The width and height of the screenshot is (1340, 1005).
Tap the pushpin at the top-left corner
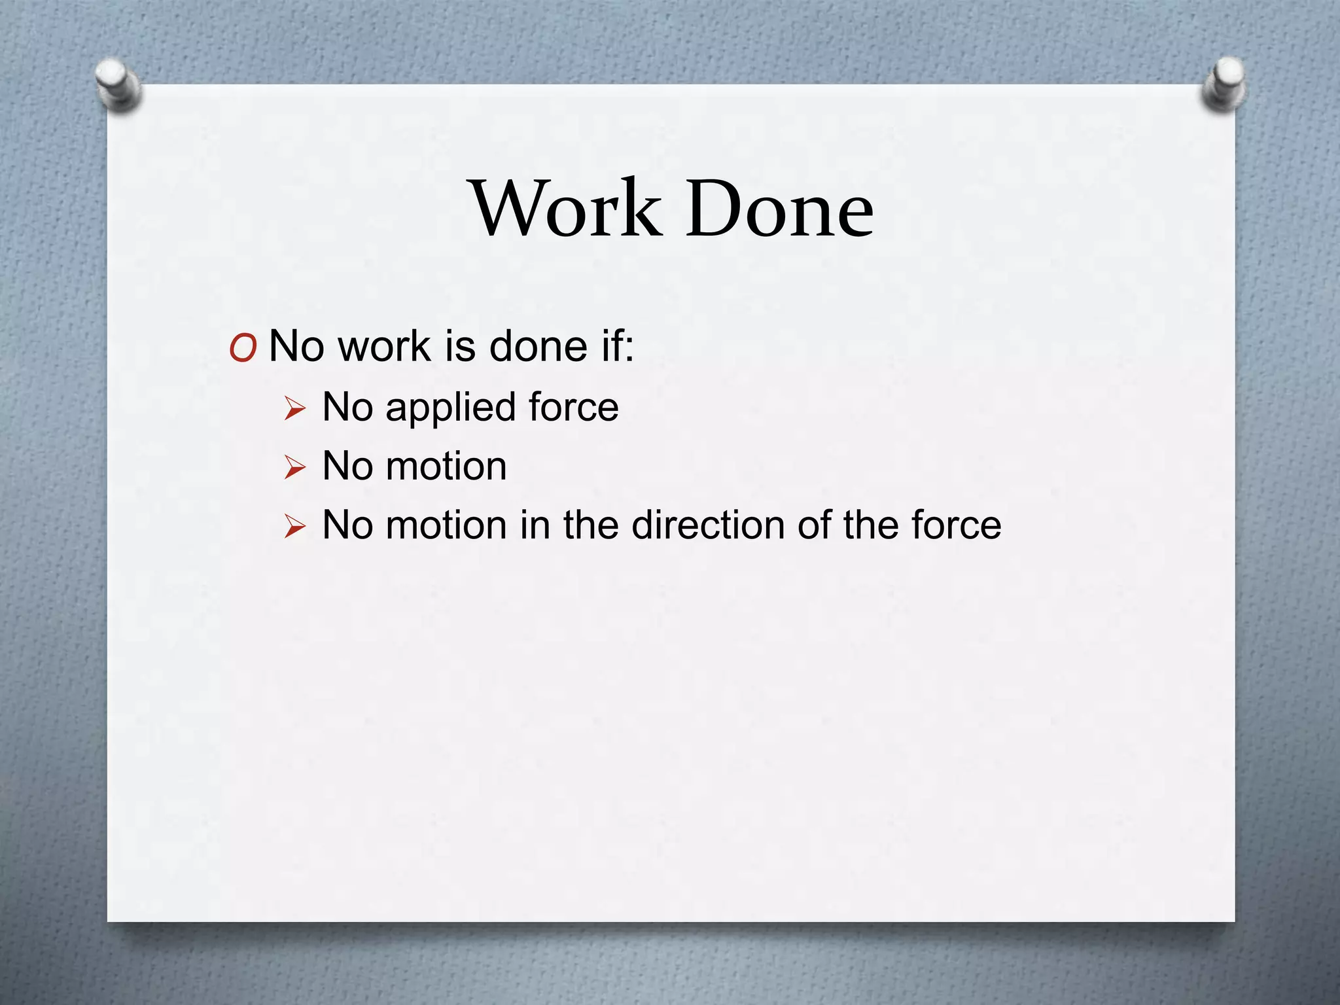point(116,84)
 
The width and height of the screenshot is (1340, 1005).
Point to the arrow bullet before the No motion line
point(295,468)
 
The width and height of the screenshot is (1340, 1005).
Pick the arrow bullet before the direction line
point(295,527)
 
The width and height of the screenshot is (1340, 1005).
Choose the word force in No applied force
point(573,407)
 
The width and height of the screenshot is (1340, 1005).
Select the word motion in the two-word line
point(446,467)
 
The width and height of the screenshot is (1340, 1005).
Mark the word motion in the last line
point(446,525)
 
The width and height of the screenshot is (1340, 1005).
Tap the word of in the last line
point(813,525)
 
